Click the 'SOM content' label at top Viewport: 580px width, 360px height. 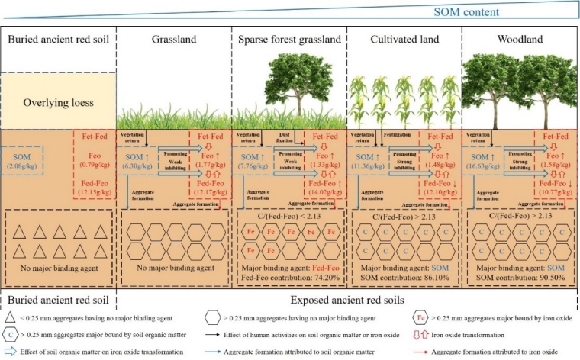tap(467, 12)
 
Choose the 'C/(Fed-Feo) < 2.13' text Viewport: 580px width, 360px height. tap(288, 215)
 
